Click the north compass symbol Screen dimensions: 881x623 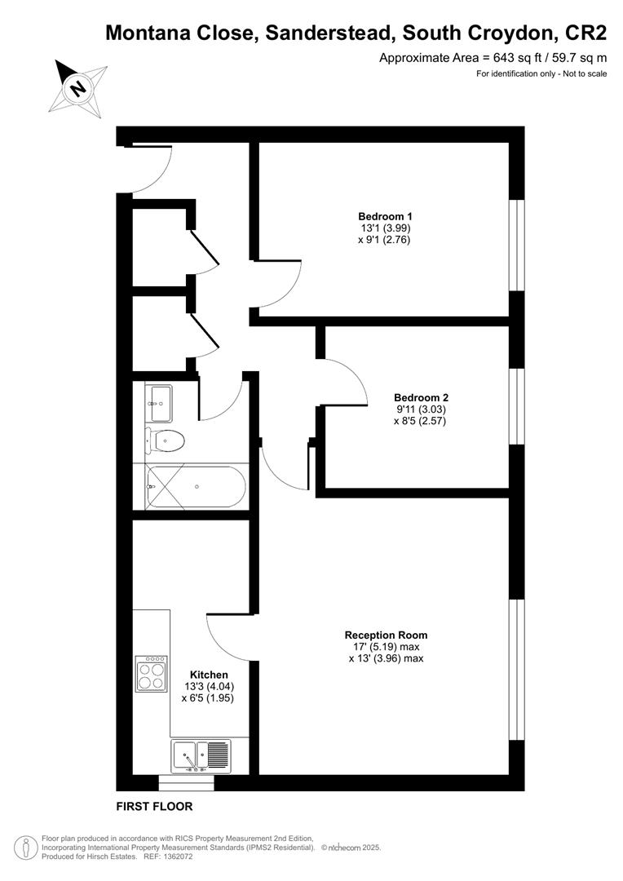(79, 86)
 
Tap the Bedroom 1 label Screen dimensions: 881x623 (386, 216)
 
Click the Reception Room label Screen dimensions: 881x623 (386, 635)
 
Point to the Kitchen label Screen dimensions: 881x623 (209, 675)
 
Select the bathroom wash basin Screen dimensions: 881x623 (159, 398)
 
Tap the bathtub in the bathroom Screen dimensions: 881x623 (196, 486)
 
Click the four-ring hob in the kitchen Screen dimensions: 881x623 (152, 674)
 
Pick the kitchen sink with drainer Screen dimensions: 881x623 (201, 755)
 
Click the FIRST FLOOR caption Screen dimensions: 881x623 (154, 807)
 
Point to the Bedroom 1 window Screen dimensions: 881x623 (516, 244)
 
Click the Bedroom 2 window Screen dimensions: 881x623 (516, 406)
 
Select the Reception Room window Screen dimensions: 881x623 (516, 670)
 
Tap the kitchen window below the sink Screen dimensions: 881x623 (186, 782)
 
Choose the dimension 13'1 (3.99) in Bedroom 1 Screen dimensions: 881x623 (386, 228)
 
